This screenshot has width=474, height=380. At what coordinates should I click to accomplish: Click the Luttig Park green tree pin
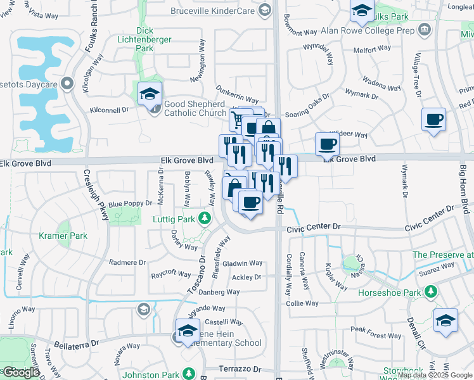204,219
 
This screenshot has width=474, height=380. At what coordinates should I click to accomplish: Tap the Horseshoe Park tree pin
431,291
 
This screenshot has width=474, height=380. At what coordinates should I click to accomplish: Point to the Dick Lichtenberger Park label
145,39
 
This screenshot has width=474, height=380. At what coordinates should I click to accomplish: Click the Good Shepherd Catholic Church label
195,108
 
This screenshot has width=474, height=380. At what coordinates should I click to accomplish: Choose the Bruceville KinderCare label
217,11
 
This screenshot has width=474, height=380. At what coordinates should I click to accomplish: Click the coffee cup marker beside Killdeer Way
327,144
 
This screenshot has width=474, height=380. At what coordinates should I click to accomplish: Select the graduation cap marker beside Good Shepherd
150,94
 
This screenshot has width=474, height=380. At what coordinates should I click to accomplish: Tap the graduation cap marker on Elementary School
188,331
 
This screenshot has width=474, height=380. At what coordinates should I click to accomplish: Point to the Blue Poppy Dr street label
130,204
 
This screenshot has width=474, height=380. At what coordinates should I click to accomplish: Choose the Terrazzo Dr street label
240,369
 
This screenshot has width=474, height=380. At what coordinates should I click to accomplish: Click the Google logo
21,372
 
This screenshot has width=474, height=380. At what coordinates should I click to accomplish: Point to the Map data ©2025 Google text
435,375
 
